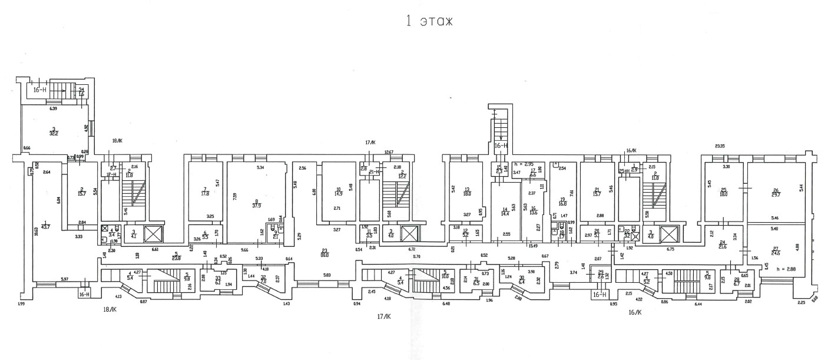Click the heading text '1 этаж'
point(428,22)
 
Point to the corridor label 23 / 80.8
point(324,253)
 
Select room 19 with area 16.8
point(562,202)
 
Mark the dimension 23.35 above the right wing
point(719,146)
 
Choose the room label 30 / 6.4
point(521,280)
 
